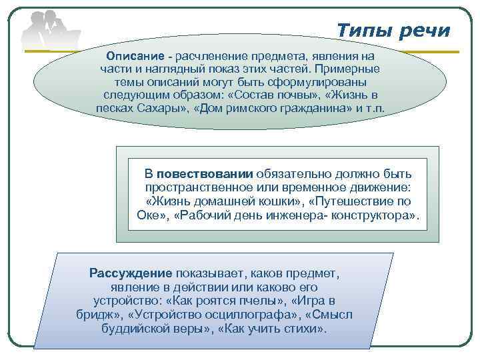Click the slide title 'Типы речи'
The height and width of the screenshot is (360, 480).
393,31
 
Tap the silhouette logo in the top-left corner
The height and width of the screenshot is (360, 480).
50,30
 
